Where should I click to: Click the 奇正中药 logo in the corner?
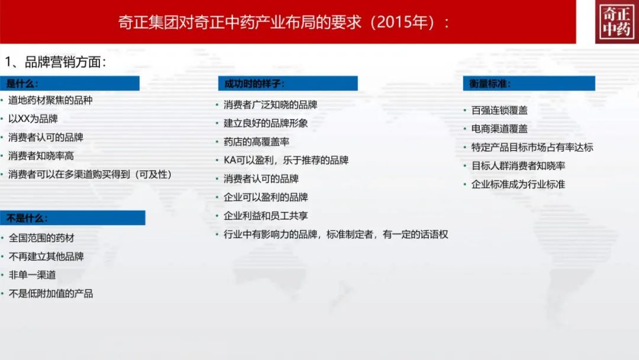coord(617,21)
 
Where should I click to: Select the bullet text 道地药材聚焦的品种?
coord(50,100)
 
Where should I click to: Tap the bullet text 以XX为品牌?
coord(33,118)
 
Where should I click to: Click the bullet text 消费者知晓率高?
coord(41,156)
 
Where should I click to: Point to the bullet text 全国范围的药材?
coord(41,238)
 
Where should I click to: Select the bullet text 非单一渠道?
coord(32,275)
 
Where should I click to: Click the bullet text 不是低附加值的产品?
coord(51,294)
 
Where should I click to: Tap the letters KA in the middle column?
coord(230,160)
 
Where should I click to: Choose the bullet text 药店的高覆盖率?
coord(256,142)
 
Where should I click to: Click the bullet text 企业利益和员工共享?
coord(266,216)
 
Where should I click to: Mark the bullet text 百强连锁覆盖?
coord(499,111)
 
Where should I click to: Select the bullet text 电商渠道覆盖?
coord(499,129)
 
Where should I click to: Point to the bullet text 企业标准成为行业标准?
coord(518,184)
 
